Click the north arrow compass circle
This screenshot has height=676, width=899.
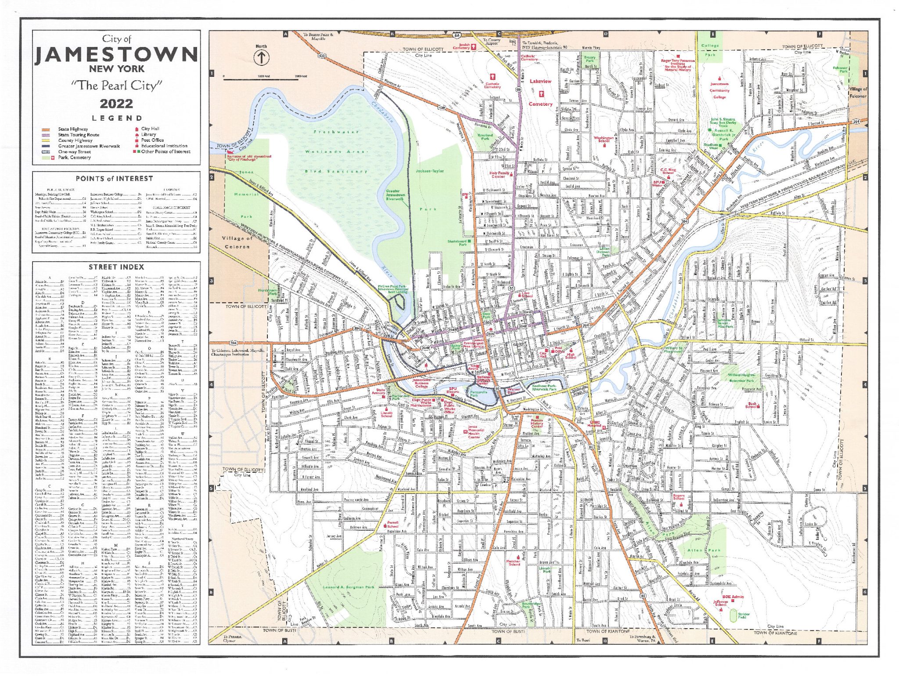click(x=262, y=58)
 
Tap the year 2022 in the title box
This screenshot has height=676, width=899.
click(x=116, y=104)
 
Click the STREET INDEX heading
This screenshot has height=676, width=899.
click(x=116, y=267)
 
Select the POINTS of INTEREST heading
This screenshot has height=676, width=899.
click(x=114, y=179)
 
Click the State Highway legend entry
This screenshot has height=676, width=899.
click(x=72, y=129)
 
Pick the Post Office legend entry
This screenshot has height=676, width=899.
click(x=152, y=140)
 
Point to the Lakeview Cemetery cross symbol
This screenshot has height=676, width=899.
click(x=541, y=94)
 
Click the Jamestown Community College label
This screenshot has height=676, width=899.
click(x=719, y=90)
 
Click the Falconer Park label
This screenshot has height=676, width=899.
click(x=840, y=69)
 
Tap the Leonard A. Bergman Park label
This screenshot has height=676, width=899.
click(x=349, y=587)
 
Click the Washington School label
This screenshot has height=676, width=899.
click(x=604, y=139)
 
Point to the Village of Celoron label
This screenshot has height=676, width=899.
click(x=237, y=242)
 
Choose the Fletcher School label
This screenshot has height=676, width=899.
click(x=513, y=562)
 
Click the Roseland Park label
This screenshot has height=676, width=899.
click(x=485, y=137)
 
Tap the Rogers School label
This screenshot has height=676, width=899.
click(x=678, y=497)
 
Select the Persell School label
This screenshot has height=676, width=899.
click(x=392, y=524)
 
